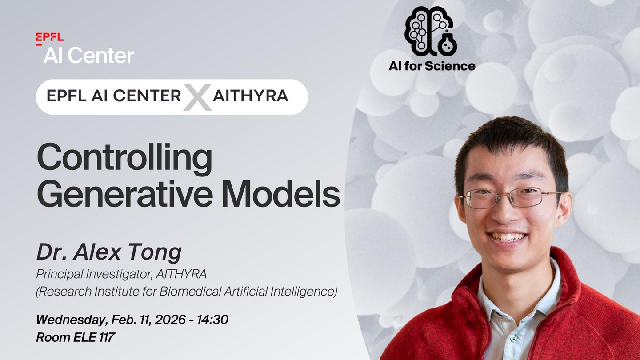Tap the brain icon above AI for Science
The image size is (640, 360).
tap(431, 32)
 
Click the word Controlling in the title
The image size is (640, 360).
tap(124, 159)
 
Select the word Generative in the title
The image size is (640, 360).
tap(125, 194)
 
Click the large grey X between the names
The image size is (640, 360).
tap(197, 97)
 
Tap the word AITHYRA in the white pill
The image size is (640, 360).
tap(251, 96)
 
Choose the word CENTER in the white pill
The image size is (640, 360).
tap(147, 96)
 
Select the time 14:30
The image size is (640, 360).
tap(212, 320)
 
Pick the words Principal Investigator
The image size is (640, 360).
tap(94, 274)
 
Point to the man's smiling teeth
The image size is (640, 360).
tap(508, 237)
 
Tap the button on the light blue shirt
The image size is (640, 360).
tap(514, 339)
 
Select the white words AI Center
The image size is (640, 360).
tap(88, 56)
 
